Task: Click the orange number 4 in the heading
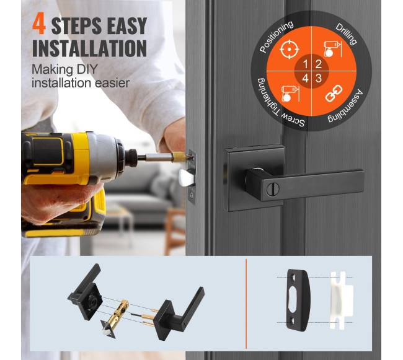tap(39, 25)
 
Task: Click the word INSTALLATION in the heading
tap(89, 48)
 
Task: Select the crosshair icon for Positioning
tap(289, 49)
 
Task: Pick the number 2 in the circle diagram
tap(319, 64)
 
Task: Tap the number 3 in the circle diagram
tap(319, 78)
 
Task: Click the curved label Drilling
tap(347, 33)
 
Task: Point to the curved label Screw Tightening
tap(278, 105)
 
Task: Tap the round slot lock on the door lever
tap(271, 190)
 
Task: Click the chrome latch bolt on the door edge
tap(185, 178)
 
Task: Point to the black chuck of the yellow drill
tap(131, 157)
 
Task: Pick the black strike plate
tap(298, 300)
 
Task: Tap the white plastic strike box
tap(342, 300)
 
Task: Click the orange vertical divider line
tap(246, 304)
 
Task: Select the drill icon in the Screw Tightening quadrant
tap(290, 94)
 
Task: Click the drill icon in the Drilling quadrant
tap(332, 49)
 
